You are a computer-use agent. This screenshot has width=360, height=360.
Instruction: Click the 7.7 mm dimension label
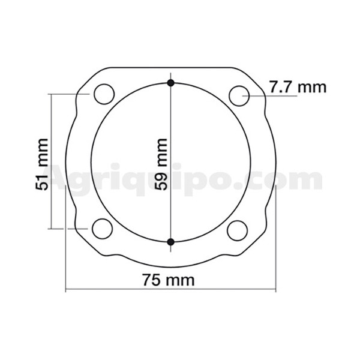point(298,87)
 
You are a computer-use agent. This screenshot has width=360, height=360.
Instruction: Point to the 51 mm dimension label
point(42,164)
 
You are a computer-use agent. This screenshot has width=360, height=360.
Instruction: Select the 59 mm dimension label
point(161,164)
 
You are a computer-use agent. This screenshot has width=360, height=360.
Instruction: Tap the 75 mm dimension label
point(169,280)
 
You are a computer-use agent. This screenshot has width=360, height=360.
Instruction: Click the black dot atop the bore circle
point(170,83)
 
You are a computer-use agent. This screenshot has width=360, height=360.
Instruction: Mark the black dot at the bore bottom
point(170,242)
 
